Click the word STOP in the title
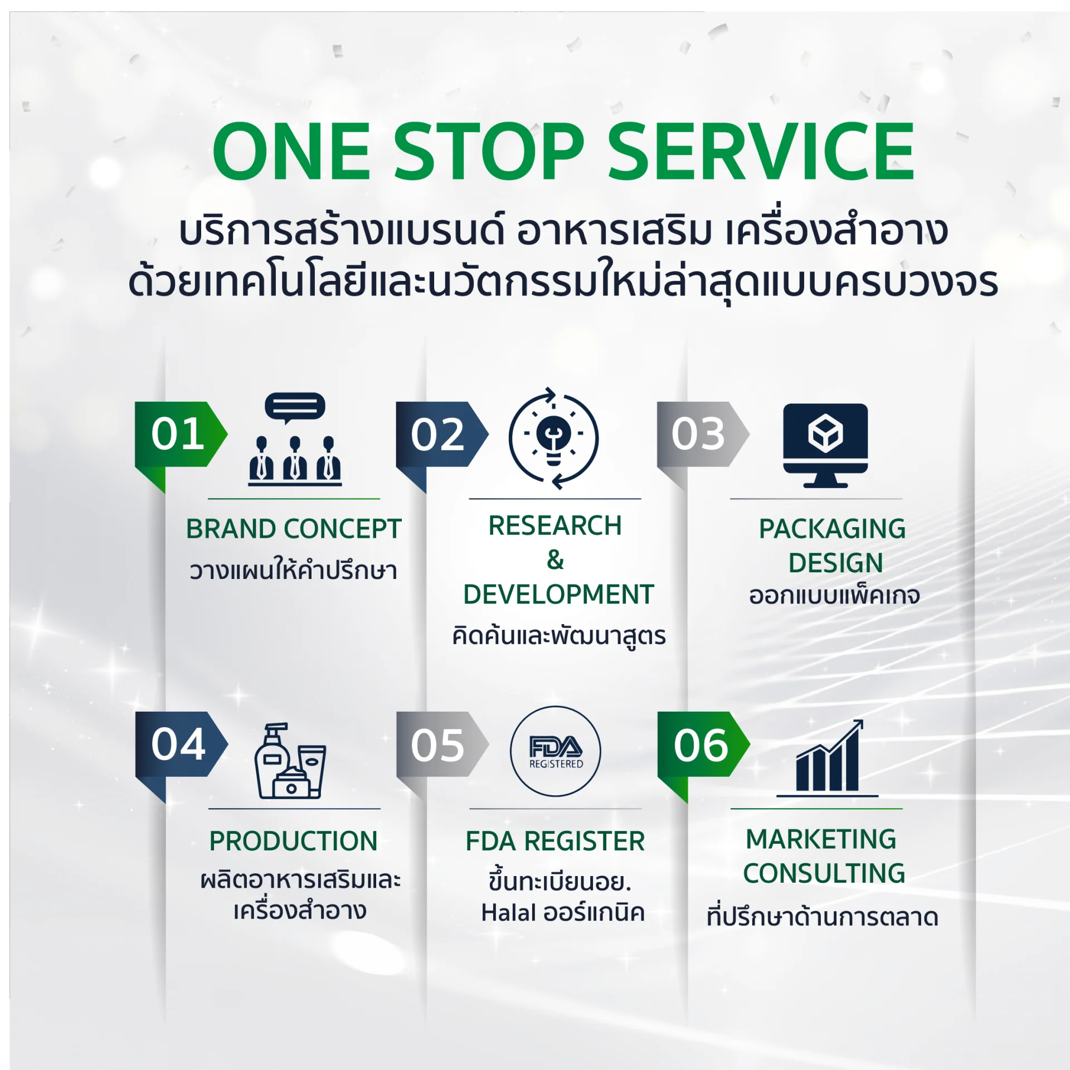tap(489, 152)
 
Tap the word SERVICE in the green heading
tap(761, 152)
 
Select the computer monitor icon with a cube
tap(825, 445)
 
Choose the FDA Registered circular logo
tap(556, 751)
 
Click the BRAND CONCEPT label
tap(294, 529)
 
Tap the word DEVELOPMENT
tap(558, 595)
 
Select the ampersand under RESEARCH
tap(555, 560)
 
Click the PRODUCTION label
tap(294, 841)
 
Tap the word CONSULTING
tap(824, 873)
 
